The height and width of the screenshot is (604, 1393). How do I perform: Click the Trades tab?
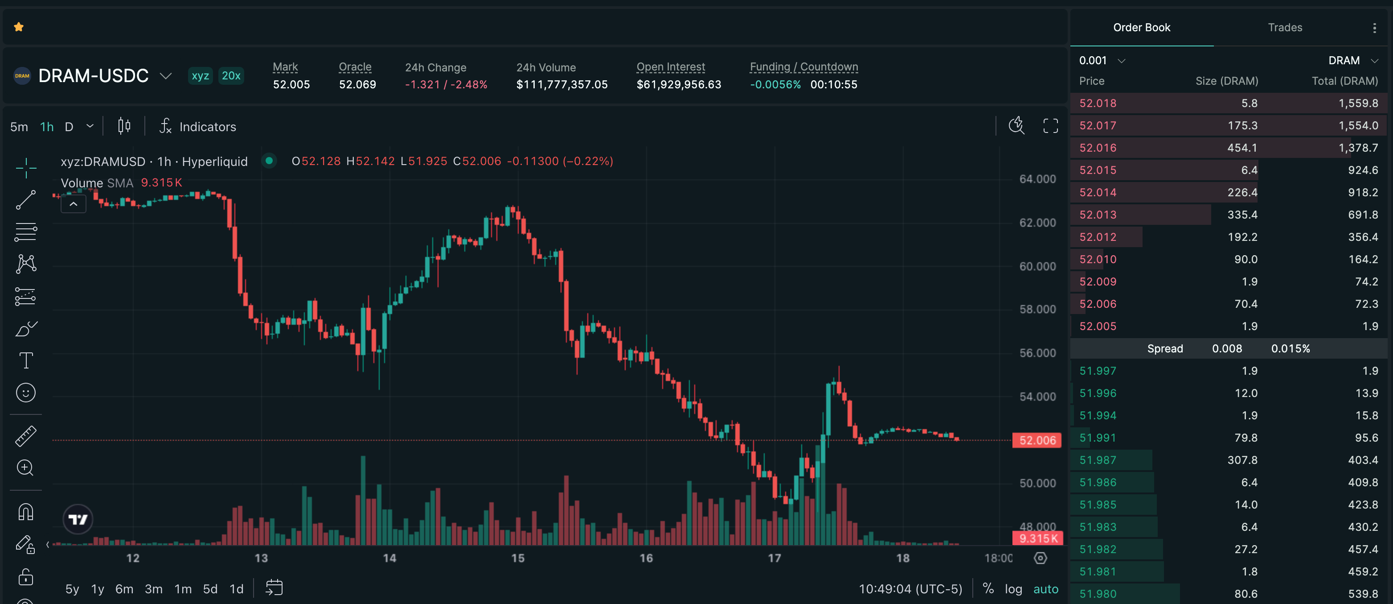(1285, 28)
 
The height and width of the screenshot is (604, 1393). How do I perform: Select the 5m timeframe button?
(19, 127)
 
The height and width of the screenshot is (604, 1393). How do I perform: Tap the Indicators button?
(197, 127)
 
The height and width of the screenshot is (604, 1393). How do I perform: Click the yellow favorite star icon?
(19, 26)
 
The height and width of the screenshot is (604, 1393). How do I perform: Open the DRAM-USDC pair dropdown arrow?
(165, 76)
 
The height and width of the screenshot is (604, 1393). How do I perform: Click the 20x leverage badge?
(231, 76)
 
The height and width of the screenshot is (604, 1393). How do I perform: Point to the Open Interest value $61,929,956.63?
(679, 84)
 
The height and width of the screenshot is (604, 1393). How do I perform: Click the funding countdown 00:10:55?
(833, 84)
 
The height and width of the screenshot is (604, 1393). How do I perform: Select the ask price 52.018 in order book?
(1098, 103)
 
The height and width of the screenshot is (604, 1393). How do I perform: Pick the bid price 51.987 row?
(1098, 460)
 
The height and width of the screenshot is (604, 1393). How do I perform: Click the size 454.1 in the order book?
(1242, 148)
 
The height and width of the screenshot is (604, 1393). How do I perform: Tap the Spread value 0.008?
(1227, 348)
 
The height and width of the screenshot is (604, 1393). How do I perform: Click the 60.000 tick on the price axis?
(1037, 266)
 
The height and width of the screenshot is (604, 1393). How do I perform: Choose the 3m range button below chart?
(154, 589)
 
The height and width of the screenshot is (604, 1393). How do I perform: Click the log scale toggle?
(1013, 589)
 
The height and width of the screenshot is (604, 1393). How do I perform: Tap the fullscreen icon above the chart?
(1050, 126)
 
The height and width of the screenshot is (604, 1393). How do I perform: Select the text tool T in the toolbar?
(26, 360)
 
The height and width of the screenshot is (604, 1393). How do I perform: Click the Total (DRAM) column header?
(1345, 81)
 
